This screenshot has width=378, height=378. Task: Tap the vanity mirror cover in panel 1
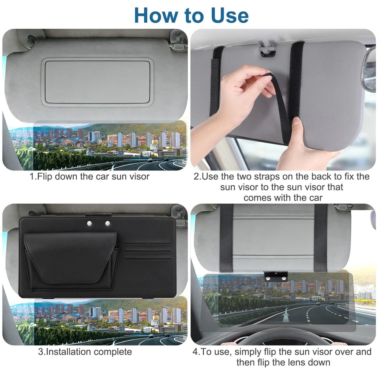[97, 81]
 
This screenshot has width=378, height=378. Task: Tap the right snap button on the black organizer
[107, 224]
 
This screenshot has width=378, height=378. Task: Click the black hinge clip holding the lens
[276, 276]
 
